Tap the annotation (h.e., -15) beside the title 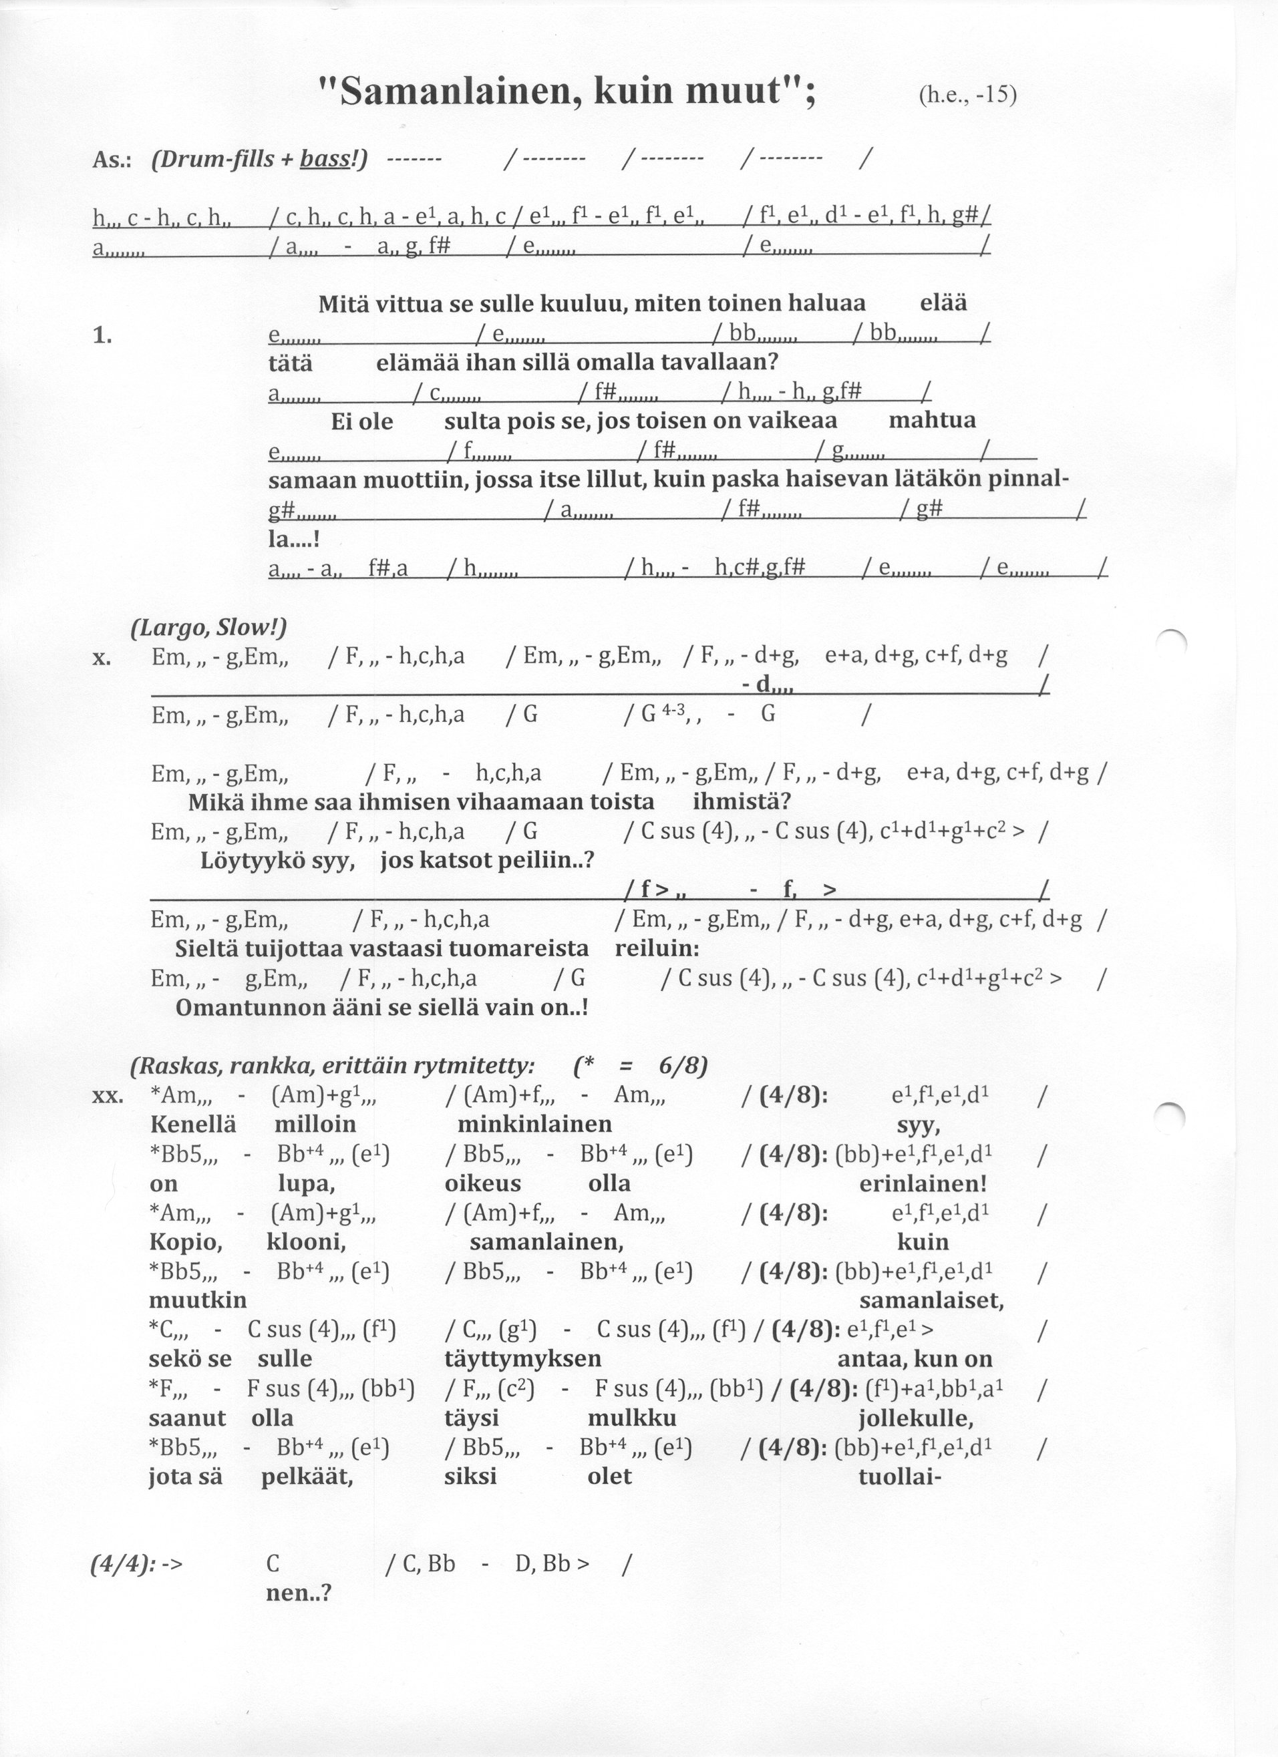(x=967, y=95)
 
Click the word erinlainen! (x=923, y=1184)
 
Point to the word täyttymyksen (x=523, y=1359)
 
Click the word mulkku (x=631, y=1418)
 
